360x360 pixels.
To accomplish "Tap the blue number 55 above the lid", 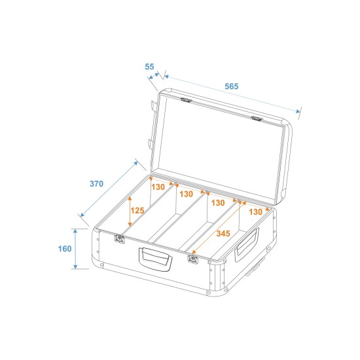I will [149, 67].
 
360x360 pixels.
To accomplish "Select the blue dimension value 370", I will [96, 184].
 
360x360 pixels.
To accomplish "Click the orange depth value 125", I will [137, 211].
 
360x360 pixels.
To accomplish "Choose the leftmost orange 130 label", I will [158, 187].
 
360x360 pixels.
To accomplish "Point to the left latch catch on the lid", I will [186, 100].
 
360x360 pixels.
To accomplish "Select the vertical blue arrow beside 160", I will [76, 249].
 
